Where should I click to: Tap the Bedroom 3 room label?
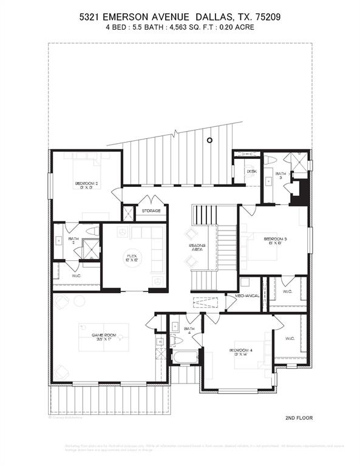pyautogui.click(x=275, y=239)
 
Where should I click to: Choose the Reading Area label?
pyautogui.click(x=197, y=248)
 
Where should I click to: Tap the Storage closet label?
pyautogui.click(x=152, y=211)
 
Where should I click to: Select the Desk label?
pyautogui.click(x=251, y=172)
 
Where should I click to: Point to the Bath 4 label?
pyautogui.click(x=188, y=331)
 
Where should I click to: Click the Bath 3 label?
pyautogui.click(x=280, y=177)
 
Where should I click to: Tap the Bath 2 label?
pyautogui.click(x=73, y=241)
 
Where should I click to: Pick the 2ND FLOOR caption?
pyautogui.click(x=299, y=418)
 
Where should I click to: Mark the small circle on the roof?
pyautogui.click(x=209, y=140)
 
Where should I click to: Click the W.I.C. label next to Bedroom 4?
pyautogui.click(x=289, y=338)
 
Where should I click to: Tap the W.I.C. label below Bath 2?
pyautogui.click(x=76, y=275)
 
